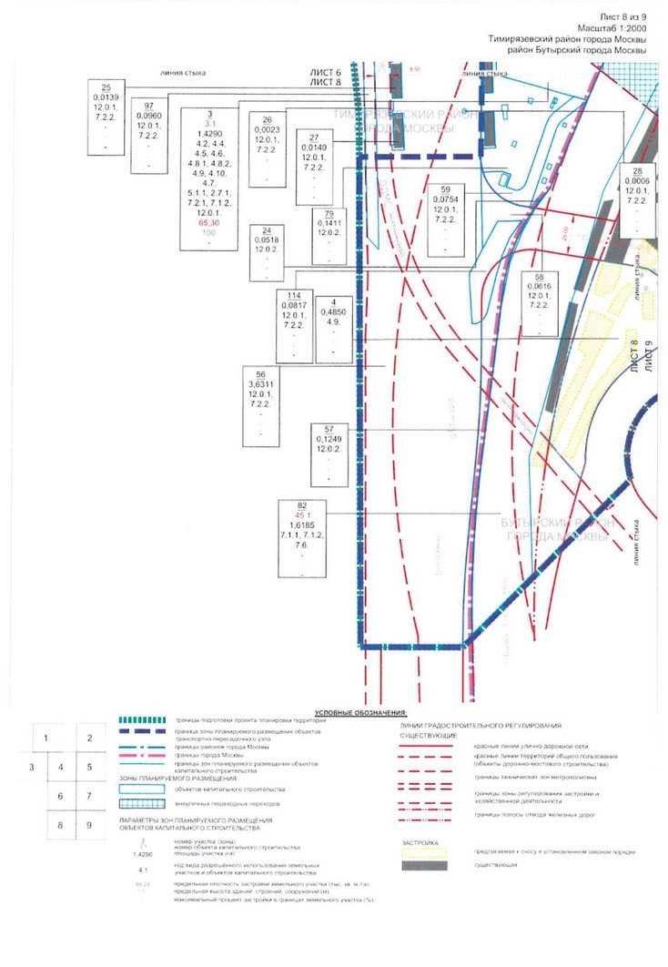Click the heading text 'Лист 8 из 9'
point(622,17)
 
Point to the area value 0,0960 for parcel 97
point(148,117)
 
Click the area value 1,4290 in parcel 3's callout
point(210,133)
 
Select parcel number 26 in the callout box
point(267,121)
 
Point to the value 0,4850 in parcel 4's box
point(334,313)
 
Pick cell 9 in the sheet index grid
point(89,825)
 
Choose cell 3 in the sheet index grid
point(32,767)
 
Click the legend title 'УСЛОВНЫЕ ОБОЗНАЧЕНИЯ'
point(361,712)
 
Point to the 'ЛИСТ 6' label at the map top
point(325,72)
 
